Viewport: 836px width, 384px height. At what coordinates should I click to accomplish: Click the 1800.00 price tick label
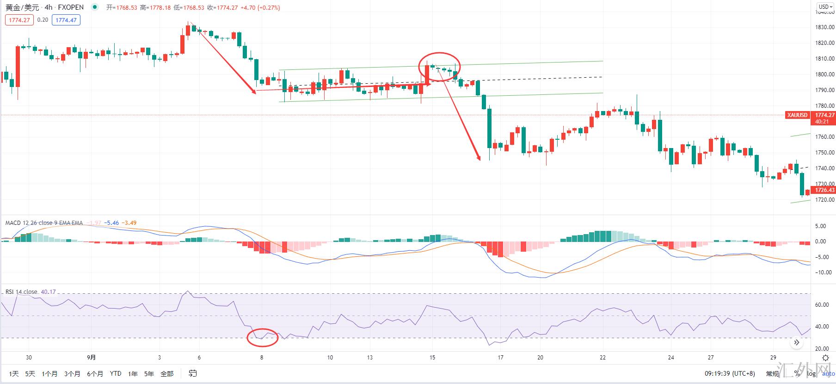824,74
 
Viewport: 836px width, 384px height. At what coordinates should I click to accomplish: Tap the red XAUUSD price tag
798,115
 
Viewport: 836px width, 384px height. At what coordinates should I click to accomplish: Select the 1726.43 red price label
824,190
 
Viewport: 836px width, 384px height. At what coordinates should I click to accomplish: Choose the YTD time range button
116,373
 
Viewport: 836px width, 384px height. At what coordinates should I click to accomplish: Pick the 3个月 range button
72,373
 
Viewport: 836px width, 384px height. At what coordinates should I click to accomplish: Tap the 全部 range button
167,373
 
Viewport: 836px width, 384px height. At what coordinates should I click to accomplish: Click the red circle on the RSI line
263,338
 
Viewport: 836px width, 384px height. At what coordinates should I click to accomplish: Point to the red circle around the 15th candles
439,67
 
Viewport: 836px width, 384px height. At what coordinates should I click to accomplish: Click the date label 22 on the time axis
602,357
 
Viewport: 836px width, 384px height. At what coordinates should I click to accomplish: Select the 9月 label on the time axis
92,357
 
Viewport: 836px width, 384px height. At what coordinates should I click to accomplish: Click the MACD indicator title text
44,223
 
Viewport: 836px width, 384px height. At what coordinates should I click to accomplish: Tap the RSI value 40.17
48,291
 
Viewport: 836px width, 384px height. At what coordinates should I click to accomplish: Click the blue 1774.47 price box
66,20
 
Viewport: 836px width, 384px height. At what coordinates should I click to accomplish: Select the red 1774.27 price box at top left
19,20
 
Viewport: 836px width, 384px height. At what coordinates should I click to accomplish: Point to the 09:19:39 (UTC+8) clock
730,373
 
